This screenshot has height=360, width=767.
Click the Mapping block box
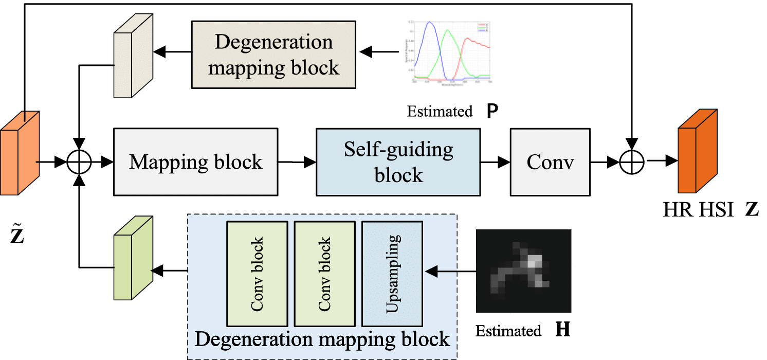(195, 162)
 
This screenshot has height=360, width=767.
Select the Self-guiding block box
(398, 162)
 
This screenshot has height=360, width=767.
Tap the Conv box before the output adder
(550, 162)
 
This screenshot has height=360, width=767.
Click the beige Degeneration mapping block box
(273, 54)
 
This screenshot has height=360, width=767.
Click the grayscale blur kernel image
(524, 271)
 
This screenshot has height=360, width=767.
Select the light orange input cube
(20, 153)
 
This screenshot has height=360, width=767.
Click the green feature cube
(133, 258)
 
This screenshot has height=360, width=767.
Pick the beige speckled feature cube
(133, 58)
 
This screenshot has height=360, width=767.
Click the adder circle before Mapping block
(80, 162)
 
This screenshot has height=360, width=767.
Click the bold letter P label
(492, 111)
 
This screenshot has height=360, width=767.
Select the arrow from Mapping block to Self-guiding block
(297, 162)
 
